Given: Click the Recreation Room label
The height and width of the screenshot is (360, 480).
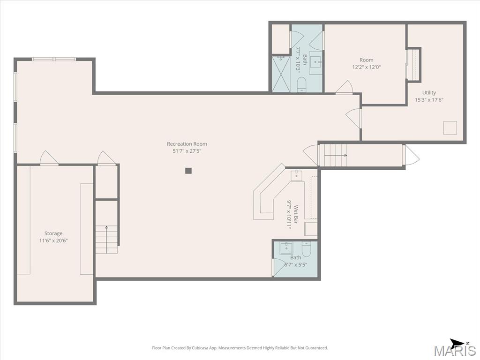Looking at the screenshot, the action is pos(187,143).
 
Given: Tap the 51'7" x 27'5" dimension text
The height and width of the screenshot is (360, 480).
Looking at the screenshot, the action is pos(187,151).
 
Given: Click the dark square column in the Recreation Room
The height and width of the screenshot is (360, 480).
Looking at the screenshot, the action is pos(188,171).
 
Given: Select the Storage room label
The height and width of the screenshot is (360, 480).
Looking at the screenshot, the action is pos(53,233).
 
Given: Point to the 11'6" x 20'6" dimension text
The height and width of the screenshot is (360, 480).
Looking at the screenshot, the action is pos(53,240).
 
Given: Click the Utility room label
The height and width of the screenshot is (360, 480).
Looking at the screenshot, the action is pos(429,92).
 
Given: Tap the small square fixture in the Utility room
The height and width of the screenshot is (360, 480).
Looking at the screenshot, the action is pos(450,127).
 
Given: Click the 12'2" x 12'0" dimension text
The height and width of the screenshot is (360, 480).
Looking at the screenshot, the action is pos(367,67).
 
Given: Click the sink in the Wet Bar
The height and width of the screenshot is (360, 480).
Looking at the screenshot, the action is pos(296,176).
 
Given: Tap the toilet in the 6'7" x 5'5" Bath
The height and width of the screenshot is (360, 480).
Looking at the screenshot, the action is pos(307,249).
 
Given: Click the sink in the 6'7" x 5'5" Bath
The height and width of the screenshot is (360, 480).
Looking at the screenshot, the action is pos(286,247).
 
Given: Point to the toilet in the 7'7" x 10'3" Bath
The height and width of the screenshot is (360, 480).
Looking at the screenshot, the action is pos(301,84).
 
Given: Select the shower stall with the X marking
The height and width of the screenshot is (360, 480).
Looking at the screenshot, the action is pos(281,74).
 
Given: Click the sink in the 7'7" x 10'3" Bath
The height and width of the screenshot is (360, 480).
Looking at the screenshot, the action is pos(315,63).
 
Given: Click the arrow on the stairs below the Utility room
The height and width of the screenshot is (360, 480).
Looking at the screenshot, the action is pos(336,155).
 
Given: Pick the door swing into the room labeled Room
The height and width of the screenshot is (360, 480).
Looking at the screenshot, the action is pos(345,86).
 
